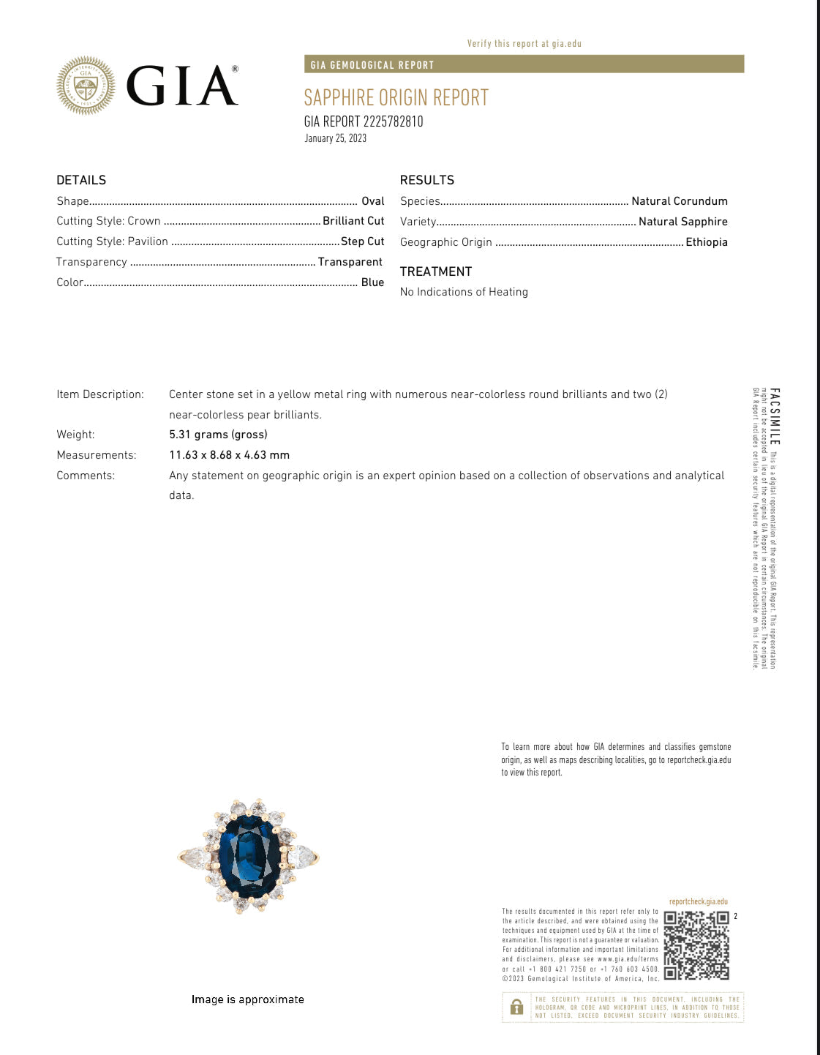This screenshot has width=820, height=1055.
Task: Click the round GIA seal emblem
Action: click(x=86, y=86)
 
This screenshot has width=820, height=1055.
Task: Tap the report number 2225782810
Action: click(x=394, y=121)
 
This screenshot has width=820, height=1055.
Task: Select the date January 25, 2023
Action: click(x=336, y=138)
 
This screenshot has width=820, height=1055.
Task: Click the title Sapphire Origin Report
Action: click(x=396, y=97)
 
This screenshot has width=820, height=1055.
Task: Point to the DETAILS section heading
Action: click(x=81, y=180)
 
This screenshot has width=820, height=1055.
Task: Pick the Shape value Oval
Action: click(x=372, y=201)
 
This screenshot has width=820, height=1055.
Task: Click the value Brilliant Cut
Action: click(x=353, y=221)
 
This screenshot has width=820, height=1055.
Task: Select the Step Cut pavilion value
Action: click(x=362, y=241)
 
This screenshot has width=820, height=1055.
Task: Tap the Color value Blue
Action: click(x=372, y=282)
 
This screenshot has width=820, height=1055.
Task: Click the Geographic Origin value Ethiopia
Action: click(x=706, y=242)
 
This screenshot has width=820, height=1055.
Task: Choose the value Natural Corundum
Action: click(x=679, y=201)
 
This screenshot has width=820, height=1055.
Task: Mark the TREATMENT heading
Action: click(x=436, y=271)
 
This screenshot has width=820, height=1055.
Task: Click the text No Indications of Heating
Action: click(x=464, y=292)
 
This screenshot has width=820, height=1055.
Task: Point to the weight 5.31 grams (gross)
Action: click(x=218, y=435)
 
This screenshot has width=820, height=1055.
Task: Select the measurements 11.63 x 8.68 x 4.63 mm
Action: click(x=229, y=455)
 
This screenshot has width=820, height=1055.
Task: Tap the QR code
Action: click(x=696, y=945)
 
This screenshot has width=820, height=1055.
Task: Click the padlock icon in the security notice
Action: click(x=516, y=1007)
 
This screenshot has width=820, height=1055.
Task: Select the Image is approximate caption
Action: click(x=247, y=999)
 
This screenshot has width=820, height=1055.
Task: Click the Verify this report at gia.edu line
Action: click(x=524, y=44)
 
